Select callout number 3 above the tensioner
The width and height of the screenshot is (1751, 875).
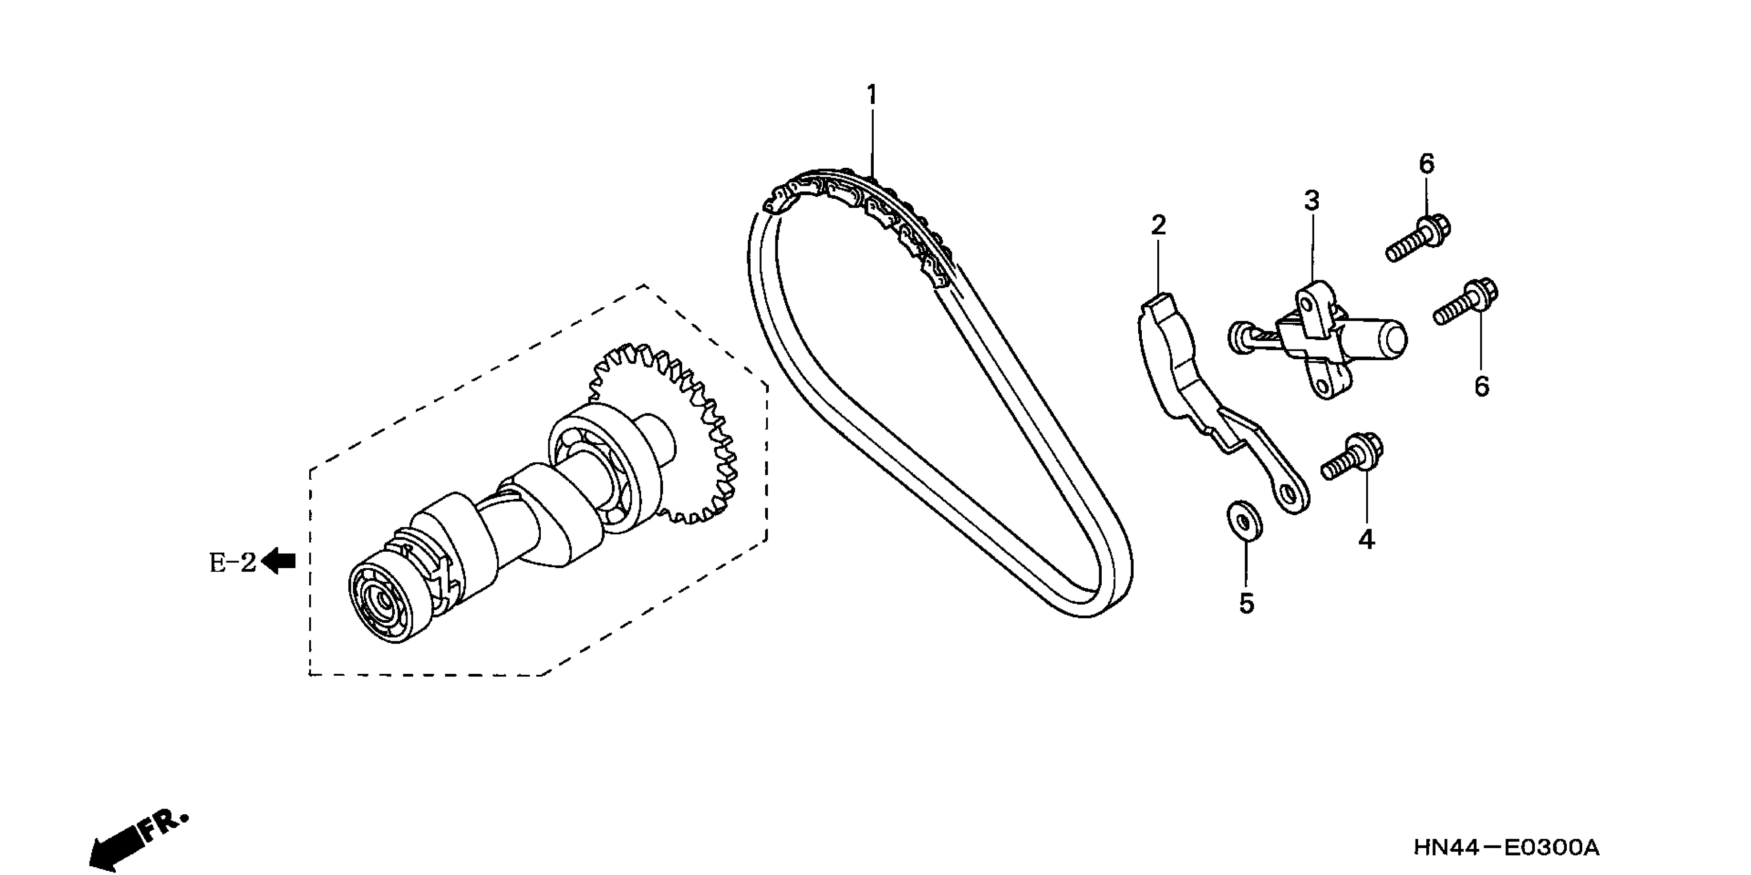1311,201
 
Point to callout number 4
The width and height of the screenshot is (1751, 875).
1366,539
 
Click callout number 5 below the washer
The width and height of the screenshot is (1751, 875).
1246,603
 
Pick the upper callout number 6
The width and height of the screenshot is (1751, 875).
1426,165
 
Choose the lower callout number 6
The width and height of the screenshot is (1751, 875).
1482,386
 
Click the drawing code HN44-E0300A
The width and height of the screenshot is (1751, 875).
1506,847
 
